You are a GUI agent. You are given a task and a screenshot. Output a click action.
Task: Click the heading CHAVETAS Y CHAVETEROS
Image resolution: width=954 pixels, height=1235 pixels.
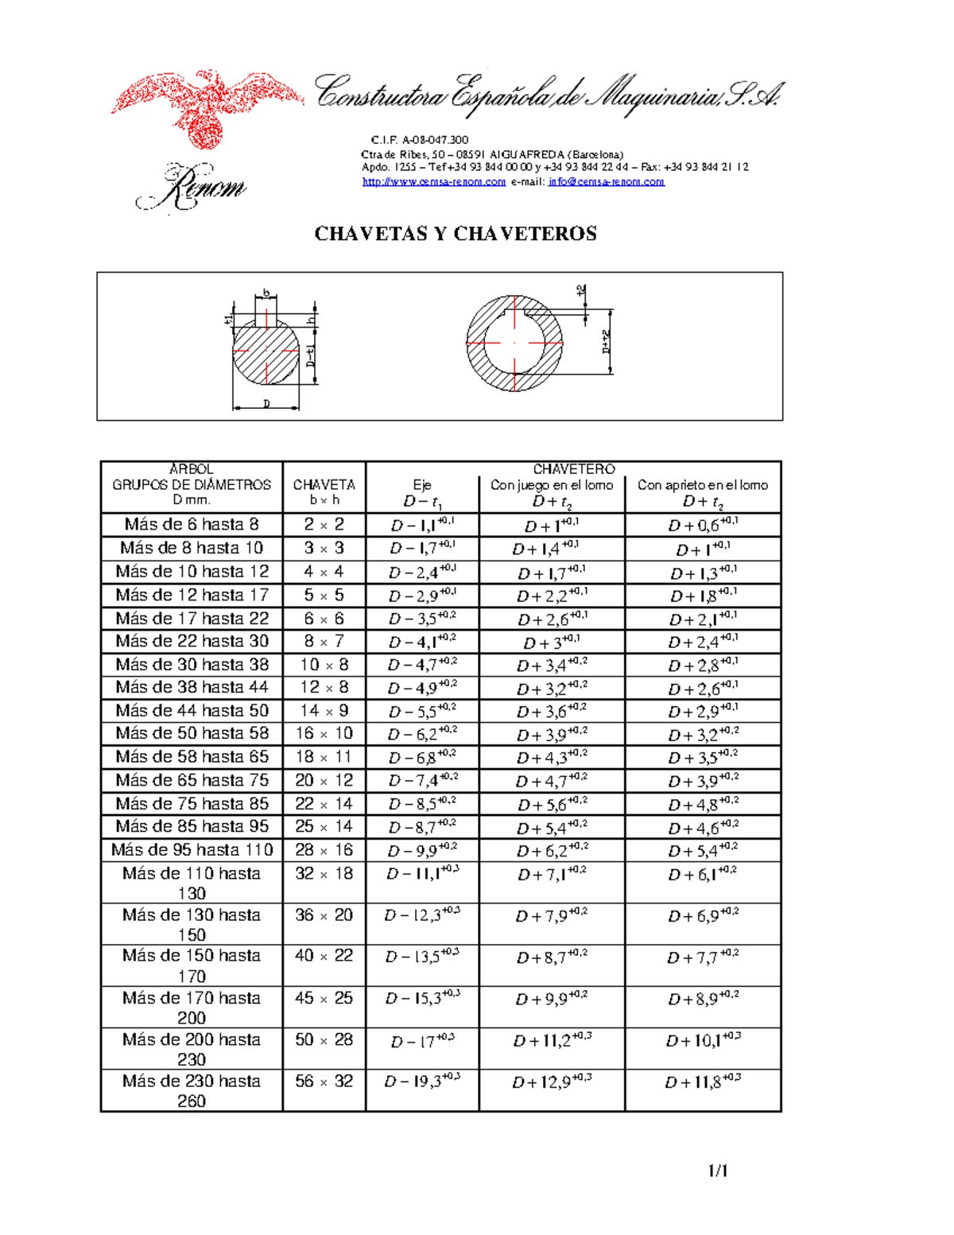[456, 234]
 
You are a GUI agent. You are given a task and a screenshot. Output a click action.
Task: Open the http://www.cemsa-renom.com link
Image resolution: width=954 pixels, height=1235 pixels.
[434, 181]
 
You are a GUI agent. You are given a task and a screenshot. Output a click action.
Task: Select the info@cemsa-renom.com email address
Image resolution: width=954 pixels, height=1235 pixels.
[606, 181]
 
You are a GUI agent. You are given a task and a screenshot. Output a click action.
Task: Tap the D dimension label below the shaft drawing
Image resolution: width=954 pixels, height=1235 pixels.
[266, 404]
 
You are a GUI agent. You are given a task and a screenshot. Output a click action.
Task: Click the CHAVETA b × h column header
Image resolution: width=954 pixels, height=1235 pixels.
[324, 491]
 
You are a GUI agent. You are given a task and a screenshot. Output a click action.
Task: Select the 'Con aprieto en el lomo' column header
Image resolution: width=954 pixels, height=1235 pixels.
[703, 485]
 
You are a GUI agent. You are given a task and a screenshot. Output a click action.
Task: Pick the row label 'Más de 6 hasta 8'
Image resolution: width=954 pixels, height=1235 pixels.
[192, 524]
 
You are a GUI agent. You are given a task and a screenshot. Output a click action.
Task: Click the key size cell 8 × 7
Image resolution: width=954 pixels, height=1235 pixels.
[324, 641]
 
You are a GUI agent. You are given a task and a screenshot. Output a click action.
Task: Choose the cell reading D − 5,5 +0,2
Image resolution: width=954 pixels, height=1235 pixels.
[422, 712]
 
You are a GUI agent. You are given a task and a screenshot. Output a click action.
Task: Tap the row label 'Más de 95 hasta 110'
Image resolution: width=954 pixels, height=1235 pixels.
[192, 850]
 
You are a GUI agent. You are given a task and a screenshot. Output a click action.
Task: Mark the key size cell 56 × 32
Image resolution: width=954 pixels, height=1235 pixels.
[324, 1082]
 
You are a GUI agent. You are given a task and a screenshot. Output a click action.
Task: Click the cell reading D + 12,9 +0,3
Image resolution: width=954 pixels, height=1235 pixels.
[552, 1082]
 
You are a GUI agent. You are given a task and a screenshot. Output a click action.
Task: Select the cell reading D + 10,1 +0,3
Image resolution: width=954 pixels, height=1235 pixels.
[703, 1040]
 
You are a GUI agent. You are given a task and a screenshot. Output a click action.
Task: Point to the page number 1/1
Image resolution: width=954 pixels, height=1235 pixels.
[718, 1171]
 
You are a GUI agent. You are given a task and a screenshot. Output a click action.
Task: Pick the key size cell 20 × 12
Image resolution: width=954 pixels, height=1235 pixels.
[324, 780]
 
